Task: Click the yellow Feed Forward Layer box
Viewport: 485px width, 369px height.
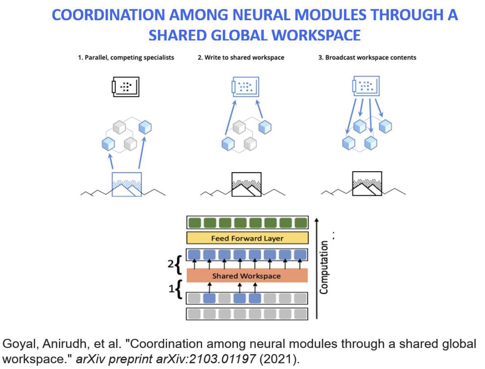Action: click(x=247, y=239)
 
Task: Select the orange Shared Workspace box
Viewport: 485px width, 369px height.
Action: click(x=247, y=276)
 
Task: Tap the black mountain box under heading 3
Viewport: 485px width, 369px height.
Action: click(x=367, y=184)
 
